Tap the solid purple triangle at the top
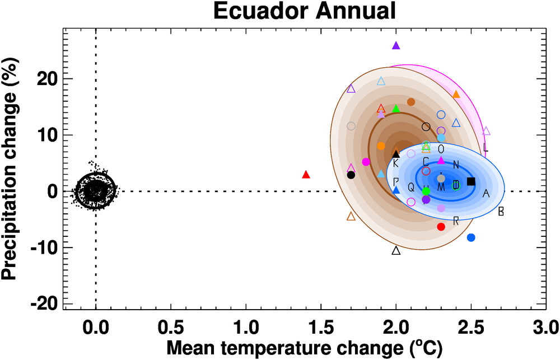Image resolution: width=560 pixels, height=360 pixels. pyautogui.click(x=396, y=46)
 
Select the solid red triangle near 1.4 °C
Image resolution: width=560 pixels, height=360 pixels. pyautogui.click(x=306, y=175)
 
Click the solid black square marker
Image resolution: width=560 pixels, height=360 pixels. pyautogui.click(x=471, y=181)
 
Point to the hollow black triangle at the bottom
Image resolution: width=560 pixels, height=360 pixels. pyautogui.click(x=396, y=251)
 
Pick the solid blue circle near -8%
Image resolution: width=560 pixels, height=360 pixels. pyautogui.click(x=471, y=237)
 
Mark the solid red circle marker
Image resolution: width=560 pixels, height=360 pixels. pyautogui.click(x=441, y=227)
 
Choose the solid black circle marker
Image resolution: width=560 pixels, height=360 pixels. pyautogui.click(x=351, y=175)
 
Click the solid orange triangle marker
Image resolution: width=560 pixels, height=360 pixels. pyautogui.click(x=456, y=95)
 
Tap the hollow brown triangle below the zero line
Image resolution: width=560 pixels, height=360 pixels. pyautogui.click(x=351, y=217)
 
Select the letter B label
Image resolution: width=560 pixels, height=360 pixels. pyautogui.click(x=501, y=212)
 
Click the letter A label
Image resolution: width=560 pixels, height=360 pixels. pyautogui.click(x=486, y=194)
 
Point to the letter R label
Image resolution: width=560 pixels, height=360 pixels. pyautogui.click(x=456, y=221)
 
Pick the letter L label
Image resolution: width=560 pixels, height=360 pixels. pyautogui.click(x=485, y=149)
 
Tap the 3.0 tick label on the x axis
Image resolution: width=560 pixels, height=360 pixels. pyautogui.click(x=545, y=325)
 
